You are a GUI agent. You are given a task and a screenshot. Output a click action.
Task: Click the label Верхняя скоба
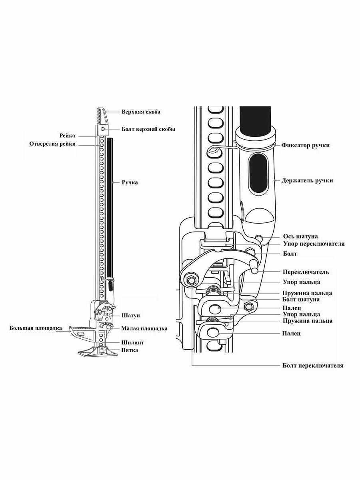pos(141,112)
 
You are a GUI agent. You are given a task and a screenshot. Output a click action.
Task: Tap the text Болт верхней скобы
pos(148,129)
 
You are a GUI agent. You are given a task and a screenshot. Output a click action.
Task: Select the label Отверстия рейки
pos(52,144)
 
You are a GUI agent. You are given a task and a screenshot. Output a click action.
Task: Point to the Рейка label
pos(67,136)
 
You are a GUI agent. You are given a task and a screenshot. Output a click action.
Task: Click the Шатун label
pos(131,316)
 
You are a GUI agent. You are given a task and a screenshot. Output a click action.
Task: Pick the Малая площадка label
pos(144,329)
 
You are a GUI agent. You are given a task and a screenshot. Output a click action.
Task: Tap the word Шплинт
pos(132,343)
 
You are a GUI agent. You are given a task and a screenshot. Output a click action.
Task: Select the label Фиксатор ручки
pos(305,145)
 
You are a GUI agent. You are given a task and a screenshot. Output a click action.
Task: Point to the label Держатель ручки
pos(307,180)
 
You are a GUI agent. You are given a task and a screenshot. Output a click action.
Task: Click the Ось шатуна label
pos(300,236)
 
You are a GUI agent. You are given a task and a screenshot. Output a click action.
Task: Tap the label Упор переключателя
pos(314,244)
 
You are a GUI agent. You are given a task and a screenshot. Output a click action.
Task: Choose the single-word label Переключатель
pos(306,272)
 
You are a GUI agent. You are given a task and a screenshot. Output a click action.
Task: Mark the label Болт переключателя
pos(312,365)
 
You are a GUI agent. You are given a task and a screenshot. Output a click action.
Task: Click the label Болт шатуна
pos(301,299)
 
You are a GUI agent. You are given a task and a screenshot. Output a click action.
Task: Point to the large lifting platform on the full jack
pos(82,332)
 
